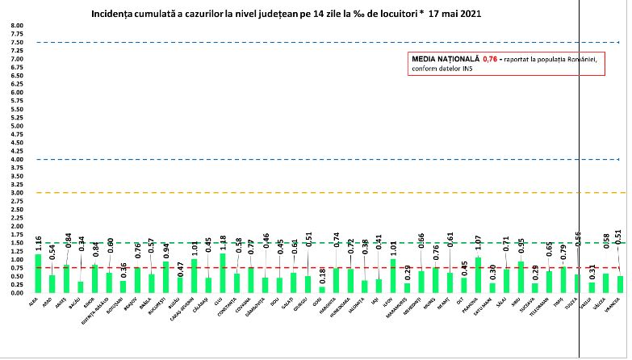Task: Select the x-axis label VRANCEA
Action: pos(619,304)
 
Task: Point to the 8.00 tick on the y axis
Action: pos(17,25)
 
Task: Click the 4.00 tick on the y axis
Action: pos(17,159)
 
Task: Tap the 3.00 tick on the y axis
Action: pos(17,192)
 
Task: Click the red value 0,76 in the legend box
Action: pos(490,59)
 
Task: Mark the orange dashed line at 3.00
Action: pos(323,192)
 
